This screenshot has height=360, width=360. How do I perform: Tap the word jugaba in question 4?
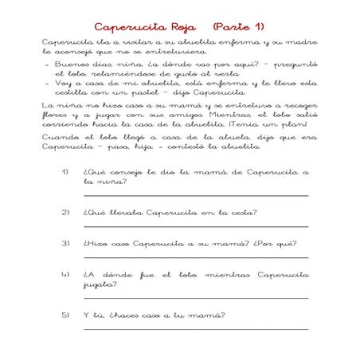[99, 284]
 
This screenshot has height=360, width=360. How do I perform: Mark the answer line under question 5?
[195, 328]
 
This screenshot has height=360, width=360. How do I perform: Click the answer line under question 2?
[195, 226]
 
